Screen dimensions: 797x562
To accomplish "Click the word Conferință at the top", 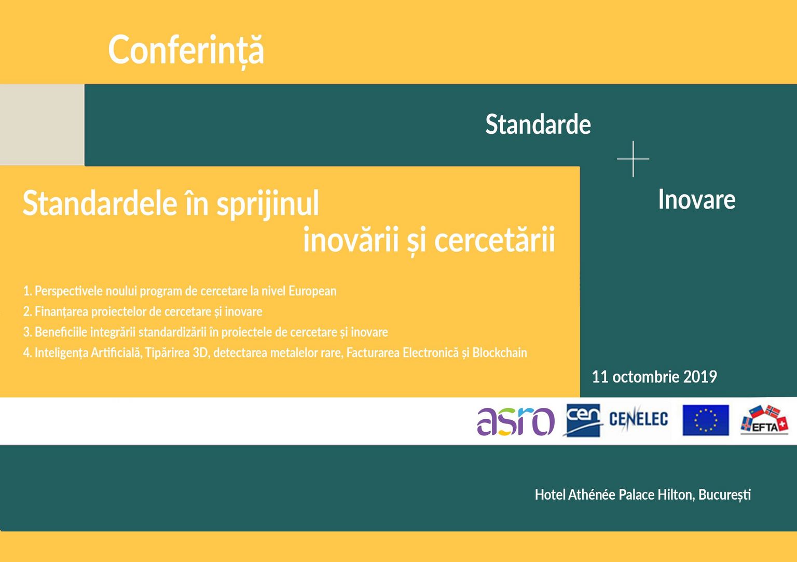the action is click(x=186, y=51).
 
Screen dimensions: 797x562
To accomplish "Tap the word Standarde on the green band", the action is click(x=538, y=125).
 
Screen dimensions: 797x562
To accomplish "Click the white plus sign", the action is click(x=633, y=159).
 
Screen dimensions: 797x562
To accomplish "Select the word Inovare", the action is click(x=697, y=199).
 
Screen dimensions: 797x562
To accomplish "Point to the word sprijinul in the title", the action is click(x=268, y=204).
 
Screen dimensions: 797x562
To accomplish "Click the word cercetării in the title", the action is click(x=494, y=241).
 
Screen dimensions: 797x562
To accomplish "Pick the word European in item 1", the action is click(x=312, y=291).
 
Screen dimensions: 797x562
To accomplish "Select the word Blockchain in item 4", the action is click(x=500, y=353).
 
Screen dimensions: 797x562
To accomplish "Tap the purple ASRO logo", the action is click(x=516, y=421).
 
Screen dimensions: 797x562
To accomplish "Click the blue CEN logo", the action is click(x=583, y=420).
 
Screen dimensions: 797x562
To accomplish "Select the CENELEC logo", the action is click(x=638, y=419).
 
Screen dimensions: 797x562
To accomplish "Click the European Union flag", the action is click(x=706, y=420).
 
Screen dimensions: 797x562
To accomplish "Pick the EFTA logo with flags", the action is click(x=764, y=420).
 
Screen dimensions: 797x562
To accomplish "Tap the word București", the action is click(x=724, y=495).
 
